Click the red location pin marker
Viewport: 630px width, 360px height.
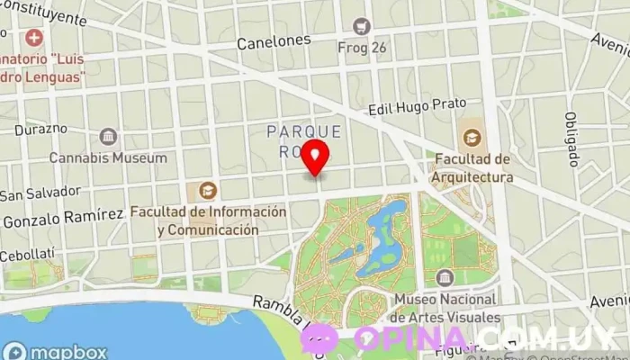pos(315,158)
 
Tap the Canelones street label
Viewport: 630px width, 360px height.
pos(274,41)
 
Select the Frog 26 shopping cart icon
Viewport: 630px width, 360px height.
pos(362,26)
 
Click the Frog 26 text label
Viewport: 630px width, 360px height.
pos(362,47)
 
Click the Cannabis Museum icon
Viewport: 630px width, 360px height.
pos(108,137)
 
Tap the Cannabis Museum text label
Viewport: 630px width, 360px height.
pos(108,157)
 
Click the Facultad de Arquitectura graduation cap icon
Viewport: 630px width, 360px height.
pos(472,138)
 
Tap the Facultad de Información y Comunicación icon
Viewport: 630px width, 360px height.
pos(208,191)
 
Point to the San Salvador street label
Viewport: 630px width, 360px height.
pos(40,193)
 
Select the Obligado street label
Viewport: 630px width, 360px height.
pos(571,139)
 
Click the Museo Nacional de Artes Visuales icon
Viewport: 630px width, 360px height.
pos(444,277)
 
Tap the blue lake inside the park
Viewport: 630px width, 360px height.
pos(382,236)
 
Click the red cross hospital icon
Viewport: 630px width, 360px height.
pos(34,38)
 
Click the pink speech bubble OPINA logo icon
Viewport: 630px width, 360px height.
pos(319,337)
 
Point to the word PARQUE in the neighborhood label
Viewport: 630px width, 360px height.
pos(304,131)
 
